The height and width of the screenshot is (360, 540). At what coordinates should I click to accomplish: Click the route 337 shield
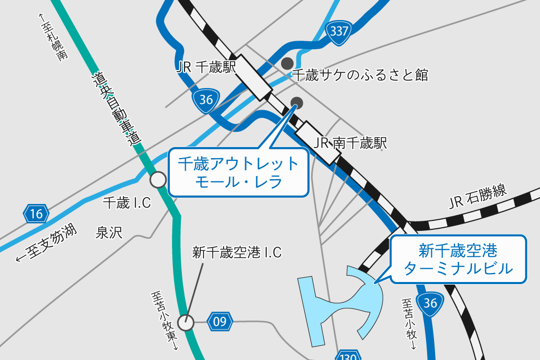[339, 31]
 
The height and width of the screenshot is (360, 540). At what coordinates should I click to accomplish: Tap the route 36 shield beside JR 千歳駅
[206, 100]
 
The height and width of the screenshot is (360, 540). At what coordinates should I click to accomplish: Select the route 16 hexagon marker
[36, 213]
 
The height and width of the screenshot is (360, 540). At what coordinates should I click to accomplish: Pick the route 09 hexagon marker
[220, 321]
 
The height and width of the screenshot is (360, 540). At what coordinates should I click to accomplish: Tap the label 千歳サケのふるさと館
[360, 75]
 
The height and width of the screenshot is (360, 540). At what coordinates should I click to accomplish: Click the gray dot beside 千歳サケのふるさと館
[287, 63]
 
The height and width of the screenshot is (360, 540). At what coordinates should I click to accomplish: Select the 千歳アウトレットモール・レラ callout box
[238, 172]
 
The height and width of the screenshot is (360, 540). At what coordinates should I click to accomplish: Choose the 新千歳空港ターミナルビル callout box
[458, 259]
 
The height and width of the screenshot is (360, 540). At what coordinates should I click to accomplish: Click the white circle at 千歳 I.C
[158, 180]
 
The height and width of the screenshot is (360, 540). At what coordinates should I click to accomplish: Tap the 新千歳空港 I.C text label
[237, 253]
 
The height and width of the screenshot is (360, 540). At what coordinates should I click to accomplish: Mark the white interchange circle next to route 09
[186, 322]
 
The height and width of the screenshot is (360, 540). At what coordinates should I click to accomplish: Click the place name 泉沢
[109, 232]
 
